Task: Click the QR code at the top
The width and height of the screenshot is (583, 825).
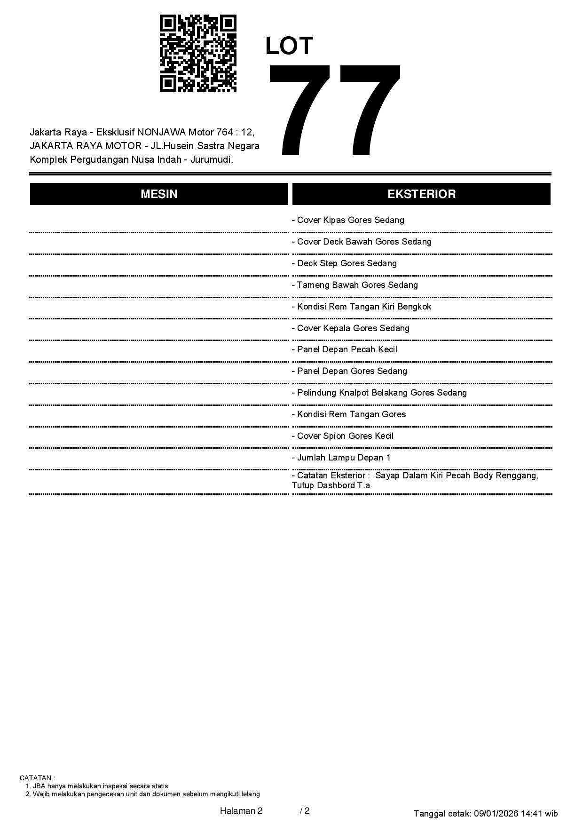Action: click(198, 53)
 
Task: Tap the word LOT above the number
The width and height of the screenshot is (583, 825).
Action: click(289, 46)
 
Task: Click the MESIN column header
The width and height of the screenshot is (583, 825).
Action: click(159, 194)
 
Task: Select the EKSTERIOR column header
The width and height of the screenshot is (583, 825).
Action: click(421, 194)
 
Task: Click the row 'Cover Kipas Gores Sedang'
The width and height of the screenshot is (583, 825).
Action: click(348, 220)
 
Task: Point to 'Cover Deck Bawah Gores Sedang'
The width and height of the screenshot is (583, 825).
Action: click(362, 242)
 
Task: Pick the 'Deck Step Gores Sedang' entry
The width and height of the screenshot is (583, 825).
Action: click(344, 263)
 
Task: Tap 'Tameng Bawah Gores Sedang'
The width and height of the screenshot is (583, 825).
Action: click(355, 285)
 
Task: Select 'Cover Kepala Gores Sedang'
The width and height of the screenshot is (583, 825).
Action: click(351, 328)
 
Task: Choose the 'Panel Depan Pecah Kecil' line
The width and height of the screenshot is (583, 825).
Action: click(345, 349)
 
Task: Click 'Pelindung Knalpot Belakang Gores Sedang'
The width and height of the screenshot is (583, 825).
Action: click(379, 393)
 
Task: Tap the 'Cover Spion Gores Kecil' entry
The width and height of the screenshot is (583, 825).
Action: click(343, 436)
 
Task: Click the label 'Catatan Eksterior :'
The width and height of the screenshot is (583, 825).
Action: click(331, 476)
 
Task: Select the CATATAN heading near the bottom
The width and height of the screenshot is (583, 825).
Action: click(37, 778)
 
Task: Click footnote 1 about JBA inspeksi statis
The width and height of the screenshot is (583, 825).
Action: click(97, 786)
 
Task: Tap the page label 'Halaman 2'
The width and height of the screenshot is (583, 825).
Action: click(241, 810)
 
